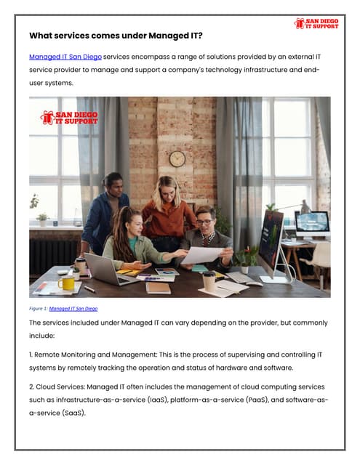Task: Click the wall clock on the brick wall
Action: [177, 158]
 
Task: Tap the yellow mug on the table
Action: [68, 282]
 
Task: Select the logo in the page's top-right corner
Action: [317, 23]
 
